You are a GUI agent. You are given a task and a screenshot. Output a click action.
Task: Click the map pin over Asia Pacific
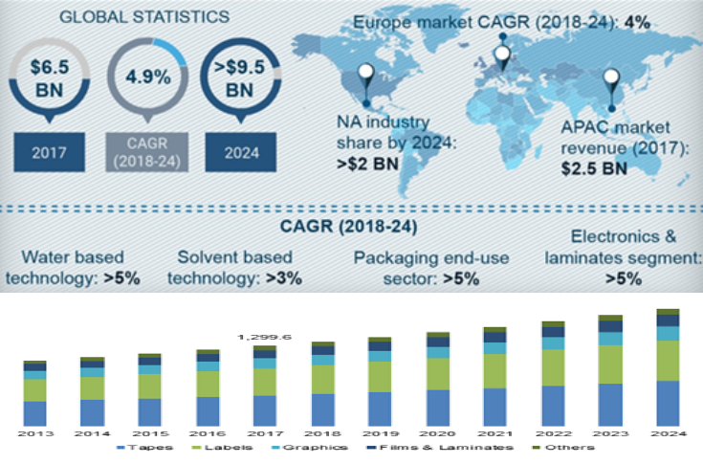point(609,84)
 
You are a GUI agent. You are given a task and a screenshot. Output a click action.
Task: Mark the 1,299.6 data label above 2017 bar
point(263,337)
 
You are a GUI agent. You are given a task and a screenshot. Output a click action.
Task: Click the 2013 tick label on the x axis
point(35,433)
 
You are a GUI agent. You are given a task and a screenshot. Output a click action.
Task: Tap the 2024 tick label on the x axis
point(667,433)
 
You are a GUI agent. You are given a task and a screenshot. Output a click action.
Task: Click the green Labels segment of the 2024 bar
point(667,360)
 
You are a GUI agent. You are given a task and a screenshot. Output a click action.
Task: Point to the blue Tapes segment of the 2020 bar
point(437,407)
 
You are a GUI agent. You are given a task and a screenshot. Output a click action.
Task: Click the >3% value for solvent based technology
point(282,278)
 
